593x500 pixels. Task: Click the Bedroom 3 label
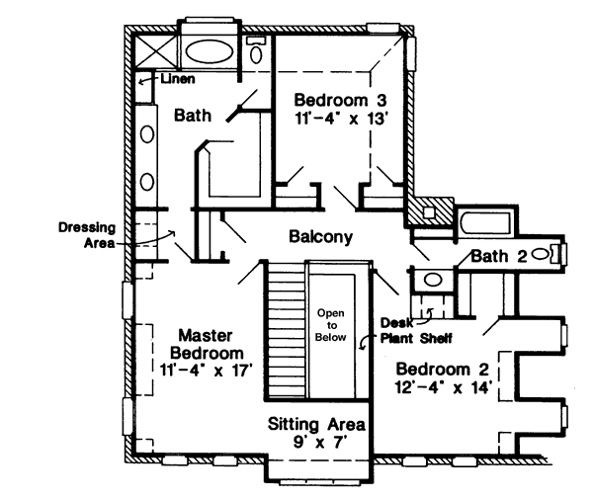[336, 100]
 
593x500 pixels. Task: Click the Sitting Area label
[317, 425]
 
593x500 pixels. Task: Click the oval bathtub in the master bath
[207, 51]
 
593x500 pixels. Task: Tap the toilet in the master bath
[256, 52]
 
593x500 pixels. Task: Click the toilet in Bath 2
[543, 255]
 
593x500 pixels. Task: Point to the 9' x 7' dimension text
[317, 444]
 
